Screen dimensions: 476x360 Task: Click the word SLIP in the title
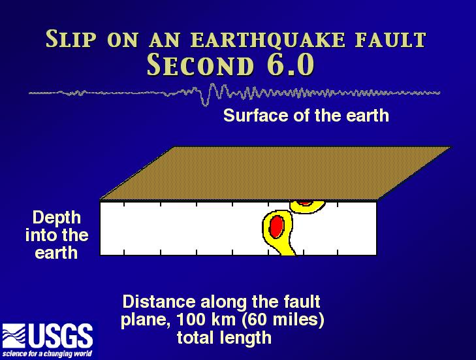(71, 39)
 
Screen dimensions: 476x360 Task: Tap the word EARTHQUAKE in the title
(268, 40)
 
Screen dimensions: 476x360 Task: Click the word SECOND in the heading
(200, 65)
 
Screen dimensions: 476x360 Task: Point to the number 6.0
(290, 65)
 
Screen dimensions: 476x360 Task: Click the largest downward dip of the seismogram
(205, 102)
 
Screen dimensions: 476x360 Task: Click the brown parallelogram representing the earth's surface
(276, 173)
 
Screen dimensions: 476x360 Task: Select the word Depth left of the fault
(57, 218)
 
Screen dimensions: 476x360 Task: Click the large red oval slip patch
(277, 226)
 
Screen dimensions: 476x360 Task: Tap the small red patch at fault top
(304, 203)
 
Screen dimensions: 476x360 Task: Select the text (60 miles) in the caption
(283, 320)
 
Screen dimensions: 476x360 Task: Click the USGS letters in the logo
(61, 336)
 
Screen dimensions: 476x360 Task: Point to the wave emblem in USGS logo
(14, 336)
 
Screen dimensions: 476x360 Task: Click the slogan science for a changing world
(48, 354)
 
